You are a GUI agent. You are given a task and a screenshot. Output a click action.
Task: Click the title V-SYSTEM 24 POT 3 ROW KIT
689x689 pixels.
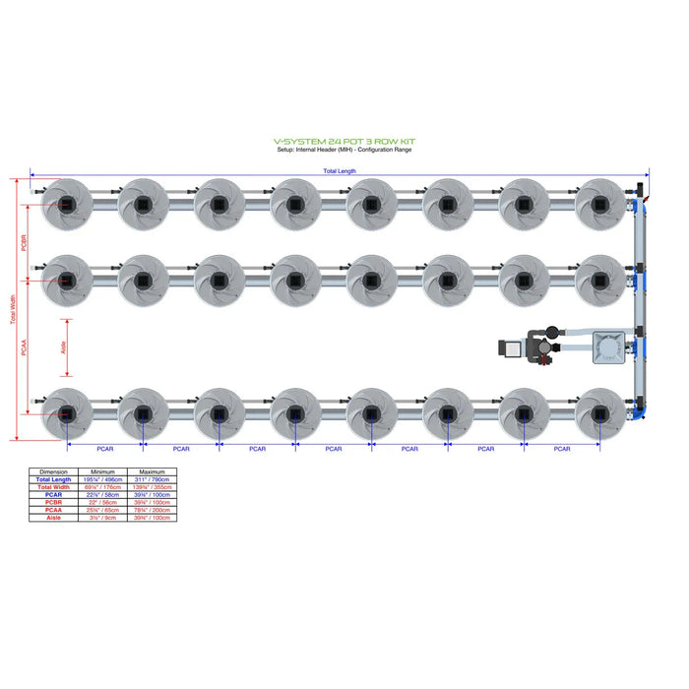click(344, 142)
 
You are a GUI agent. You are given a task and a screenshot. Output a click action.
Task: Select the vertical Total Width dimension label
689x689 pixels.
click(13, 310)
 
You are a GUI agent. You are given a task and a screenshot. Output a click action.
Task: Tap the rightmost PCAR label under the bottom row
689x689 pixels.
click(562, 449)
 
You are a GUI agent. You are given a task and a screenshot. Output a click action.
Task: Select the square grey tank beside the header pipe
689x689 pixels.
click(607, 347)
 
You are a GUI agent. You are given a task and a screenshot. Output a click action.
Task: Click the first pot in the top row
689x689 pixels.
click(67, 204)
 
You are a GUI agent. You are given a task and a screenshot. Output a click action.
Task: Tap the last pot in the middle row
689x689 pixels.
click(599, 280)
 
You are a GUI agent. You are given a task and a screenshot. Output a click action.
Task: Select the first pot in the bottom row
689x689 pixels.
click(67, 415)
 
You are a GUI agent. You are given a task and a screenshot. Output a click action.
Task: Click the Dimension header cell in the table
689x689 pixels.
click(54, 471)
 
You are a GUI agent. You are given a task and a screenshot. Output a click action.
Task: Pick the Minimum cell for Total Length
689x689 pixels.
click(102, 479)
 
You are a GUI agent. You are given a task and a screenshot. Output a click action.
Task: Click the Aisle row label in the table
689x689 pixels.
click(54, 518)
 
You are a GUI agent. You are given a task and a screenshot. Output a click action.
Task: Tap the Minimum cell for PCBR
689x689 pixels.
click(102, 502)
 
